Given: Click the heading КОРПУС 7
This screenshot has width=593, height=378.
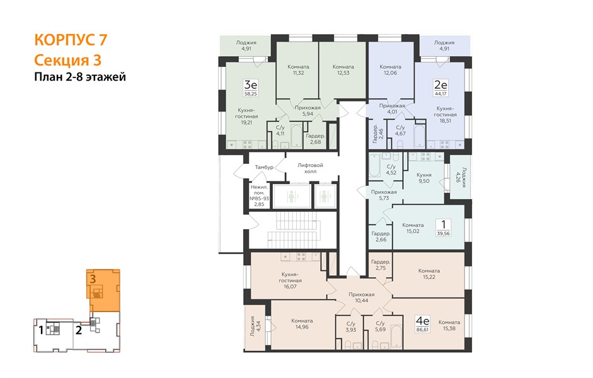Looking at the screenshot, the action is pyautogui.click(x=71, y=40).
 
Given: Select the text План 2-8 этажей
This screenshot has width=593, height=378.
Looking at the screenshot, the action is pyautogui.click(x=80, y=77).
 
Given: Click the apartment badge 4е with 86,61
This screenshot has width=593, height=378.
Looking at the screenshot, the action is pyautogui.click(x=422, y=324).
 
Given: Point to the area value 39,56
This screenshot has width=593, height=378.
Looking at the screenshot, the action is pyautogui.click(x=443, y=233).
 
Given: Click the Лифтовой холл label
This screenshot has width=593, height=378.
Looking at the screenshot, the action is pyautogui.click(x=310, y=168).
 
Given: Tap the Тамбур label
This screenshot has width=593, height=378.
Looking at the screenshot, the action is pyautogui.click(x=264, y=167).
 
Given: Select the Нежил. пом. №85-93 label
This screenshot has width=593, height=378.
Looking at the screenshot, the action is pyautogui.click(x=259, y=195).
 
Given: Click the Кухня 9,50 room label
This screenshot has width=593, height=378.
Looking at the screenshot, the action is pyautogui.click(x=424, y=178).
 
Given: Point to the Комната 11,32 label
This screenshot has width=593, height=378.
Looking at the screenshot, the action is pyautogui.click(x=298, y=70).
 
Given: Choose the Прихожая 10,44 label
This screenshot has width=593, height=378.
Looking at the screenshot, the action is pyautogui.click(x=362, y=297).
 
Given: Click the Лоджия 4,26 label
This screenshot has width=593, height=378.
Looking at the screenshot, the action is pyautogui.click(x=461, y=178).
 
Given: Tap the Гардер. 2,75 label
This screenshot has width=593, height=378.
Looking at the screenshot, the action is pyautogui.click(x=381, y=265).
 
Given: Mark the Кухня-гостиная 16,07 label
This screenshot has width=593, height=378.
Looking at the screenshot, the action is pyautogui.click(x=290, y=280).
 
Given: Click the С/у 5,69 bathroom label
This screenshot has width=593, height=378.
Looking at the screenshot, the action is pyautogui.click(x=380, y=326).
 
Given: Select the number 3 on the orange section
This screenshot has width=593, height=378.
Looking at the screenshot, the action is pyautogui.click(x=93, y=279).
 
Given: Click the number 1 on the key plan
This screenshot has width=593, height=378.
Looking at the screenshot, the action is pyautogui.click(x=40, y=330).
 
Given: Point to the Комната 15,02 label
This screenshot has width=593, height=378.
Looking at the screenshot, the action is pyautogui.click(x=413, y=228).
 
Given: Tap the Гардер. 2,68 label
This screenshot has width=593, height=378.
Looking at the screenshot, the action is pyautogui.click(x=315, y=139).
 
